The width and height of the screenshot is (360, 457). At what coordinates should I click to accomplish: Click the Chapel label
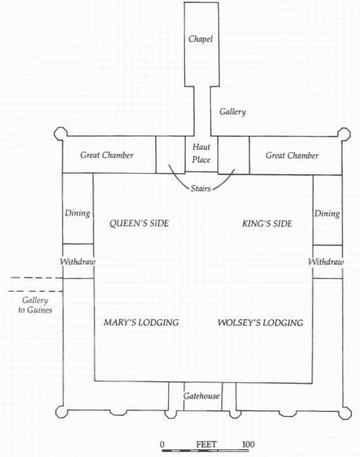(200, 39)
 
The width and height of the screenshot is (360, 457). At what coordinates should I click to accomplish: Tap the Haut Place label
(201, 153)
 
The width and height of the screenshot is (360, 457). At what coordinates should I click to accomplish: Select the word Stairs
(200, 188)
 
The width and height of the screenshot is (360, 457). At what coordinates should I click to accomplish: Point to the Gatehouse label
(201, 396)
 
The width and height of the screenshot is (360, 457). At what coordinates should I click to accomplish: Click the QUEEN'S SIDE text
(139, 224)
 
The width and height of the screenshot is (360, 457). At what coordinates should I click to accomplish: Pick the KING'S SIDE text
(267, 224)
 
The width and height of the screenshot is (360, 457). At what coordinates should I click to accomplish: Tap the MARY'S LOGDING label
(141, 322)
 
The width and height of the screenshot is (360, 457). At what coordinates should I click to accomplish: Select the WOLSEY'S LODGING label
(260, 323)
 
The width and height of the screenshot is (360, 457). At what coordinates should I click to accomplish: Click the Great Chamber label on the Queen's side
(107, 155)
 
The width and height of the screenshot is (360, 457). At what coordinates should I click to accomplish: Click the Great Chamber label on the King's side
(292, 155)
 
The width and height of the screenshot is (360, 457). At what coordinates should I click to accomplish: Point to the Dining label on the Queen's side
(77, 213)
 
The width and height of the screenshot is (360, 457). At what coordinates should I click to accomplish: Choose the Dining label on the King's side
(327, 214)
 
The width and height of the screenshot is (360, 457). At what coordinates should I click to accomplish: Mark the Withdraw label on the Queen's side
(77, 262)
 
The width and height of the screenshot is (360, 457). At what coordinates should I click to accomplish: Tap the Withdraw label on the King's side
(326, 262)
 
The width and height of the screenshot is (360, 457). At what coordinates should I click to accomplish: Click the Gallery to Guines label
(35, 305)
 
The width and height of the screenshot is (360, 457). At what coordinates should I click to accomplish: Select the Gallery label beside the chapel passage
(233, 112)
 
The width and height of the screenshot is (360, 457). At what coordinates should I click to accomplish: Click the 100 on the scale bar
(248, 444)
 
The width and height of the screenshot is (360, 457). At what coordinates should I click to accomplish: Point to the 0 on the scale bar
(162, 445)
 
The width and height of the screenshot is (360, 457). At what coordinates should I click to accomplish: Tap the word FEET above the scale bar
(207, 444)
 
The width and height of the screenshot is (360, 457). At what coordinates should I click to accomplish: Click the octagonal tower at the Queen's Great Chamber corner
(60, 134)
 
